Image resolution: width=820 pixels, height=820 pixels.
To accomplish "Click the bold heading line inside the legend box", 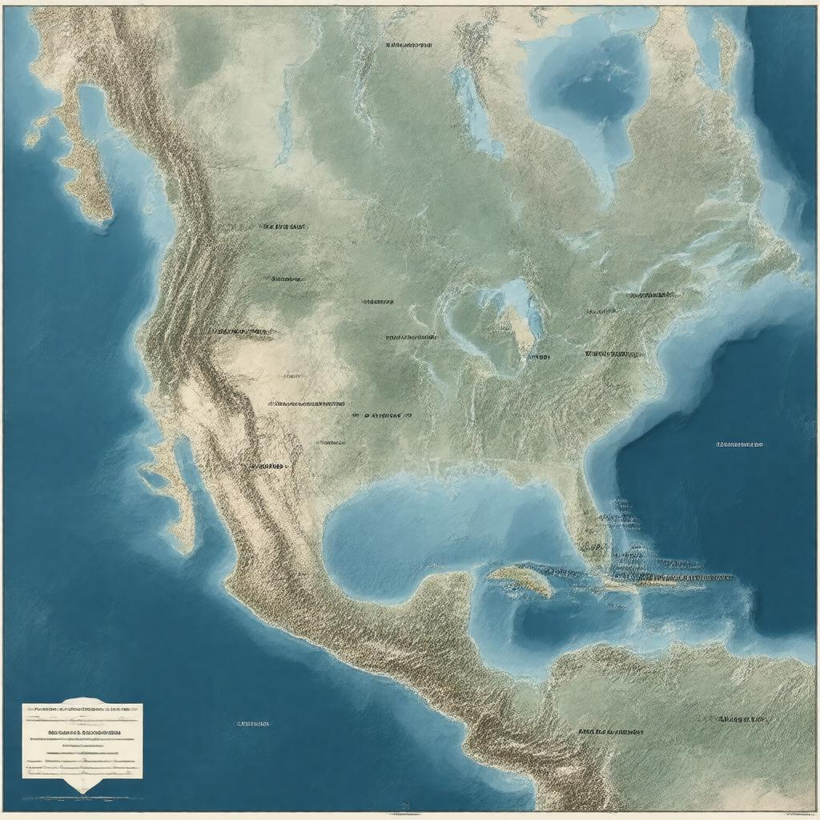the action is coord(82,733).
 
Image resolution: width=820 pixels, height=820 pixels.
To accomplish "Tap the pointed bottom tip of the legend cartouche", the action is coord(82,792).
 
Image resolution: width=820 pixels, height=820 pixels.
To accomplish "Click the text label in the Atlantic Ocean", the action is coord(739,444).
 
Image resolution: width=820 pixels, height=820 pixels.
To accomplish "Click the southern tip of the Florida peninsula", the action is coord(597,553).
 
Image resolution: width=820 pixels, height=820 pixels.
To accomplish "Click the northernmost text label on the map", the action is coord(408,46).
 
